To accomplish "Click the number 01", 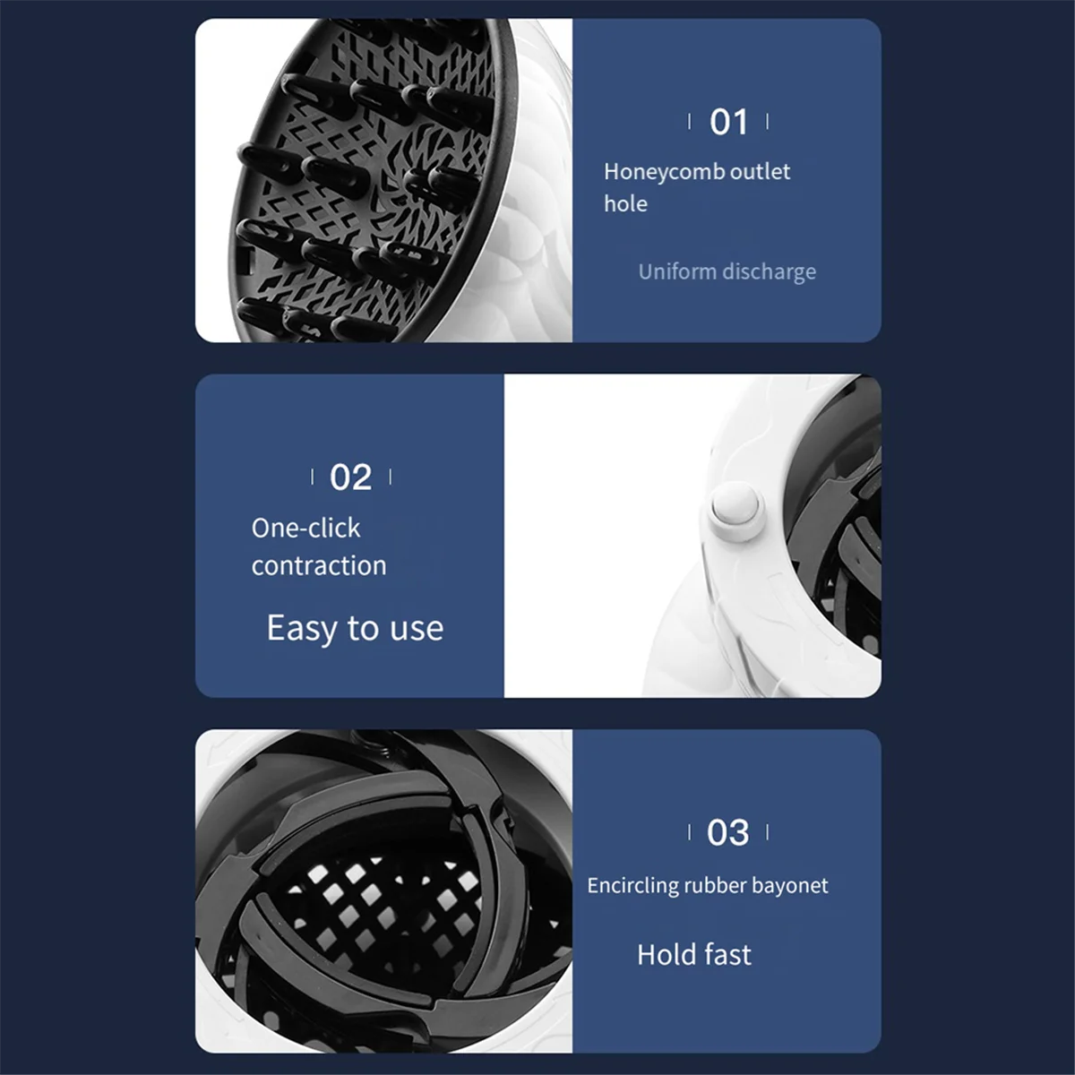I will coord(728,122).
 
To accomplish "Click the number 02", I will coord(350,477).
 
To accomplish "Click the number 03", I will coord(727,833).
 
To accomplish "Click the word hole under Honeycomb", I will coord(625,204).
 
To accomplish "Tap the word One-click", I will coord(305,529).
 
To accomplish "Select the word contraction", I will coord(319,566).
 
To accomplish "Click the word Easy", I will coord(303,629).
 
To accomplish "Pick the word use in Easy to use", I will coord(417,629).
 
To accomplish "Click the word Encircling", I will coord(632,886).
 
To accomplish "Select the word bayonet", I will coord(790,886).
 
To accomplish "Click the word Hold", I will coord(666,955).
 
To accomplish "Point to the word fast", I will coord(727,955).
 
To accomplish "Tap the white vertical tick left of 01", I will coord(689,122).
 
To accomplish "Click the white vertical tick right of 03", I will coord(768,833).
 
